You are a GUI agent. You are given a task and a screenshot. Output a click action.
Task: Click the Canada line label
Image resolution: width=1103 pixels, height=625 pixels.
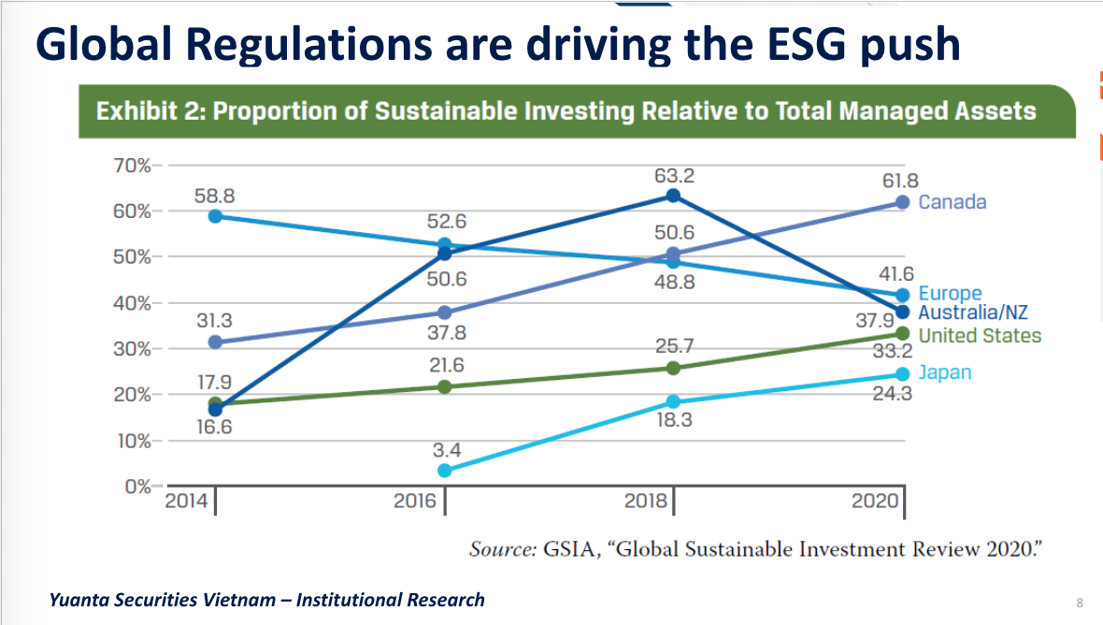click(952, 202)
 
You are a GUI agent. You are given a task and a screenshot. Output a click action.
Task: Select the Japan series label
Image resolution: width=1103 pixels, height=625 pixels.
click(944, 372)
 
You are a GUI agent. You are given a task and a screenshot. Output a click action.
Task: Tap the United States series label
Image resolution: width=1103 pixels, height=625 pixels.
click(980, 335)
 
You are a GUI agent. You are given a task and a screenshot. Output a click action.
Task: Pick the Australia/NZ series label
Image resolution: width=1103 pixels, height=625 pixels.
click(973, 313)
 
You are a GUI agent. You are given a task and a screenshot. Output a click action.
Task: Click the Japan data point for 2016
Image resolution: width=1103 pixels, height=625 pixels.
click(445, 471)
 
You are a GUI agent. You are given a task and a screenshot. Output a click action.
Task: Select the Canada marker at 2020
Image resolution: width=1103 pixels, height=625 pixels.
click(902, 202)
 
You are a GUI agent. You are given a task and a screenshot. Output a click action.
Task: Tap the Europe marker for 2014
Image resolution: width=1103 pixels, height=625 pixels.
click(216, 216)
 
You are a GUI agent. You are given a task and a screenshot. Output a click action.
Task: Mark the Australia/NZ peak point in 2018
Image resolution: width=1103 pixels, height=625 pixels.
click(673, 196)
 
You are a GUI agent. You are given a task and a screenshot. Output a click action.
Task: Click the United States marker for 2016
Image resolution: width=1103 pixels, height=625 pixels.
click(445, 386)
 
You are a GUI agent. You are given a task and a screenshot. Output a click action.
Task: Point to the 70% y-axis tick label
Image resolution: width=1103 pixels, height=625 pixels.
click(131, 166)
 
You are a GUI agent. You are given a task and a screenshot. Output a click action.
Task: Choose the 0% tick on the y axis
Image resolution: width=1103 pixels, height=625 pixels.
click(136, 487)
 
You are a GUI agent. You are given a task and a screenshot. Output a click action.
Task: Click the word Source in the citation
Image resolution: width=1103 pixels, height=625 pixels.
click(501, 549)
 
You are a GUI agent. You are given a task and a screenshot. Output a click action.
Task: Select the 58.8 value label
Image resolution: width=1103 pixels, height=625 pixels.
click(214, 196)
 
